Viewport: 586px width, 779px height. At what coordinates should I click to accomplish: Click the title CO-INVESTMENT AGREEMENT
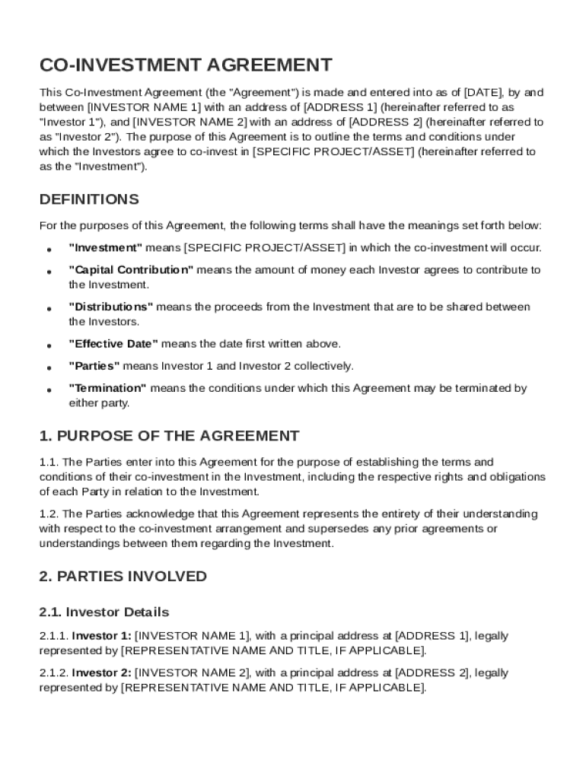(186, 65)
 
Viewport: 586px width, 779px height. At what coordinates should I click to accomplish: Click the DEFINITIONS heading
(89, 199)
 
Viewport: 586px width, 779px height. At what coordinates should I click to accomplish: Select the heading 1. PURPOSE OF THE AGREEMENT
(169, 436)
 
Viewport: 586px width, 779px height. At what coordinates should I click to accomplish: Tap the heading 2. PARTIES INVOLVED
(123, 576)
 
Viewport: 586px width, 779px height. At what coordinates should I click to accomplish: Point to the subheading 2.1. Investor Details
(104, 612)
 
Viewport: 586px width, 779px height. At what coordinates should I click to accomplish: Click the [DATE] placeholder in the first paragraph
(483, 93)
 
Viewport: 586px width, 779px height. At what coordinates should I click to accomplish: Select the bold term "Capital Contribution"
(131, 270)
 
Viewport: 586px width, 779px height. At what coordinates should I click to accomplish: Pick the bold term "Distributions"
(111, 307)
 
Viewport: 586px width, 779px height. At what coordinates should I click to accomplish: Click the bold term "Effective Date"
(113, 344)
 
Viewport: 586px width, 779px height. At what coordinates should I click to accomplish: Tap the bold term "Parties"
(94, 366)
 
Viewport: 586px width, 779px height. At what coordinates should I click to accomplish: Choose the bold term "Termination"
(108, 388)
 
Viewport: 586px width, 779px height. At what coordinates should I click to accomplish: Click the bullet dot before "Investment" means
(49, 250)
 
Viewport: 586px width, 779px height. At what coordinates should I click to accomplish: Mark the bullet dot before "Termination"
(49, 390)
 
